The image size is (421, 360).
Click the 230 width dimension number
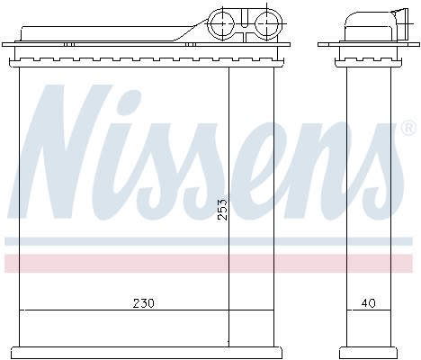pyautogui.click(x=144, y=303)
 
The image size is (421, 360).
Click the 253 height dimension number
pyautogui.click(x=223, y=210)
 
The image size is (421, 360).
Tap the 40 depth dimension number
pyautogui.click(x=368, y=303)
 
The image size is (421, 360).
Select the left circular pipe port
pyautogui.click(x=222, y=23)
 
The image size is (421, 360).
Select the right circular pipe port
pyautogui.click(x=266, y=23)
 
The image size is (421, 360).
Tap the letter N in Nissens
pyautogui.click(x=60, y=151)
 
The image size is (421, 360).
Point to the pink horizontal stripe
pyautogui.click(x=209, y=264)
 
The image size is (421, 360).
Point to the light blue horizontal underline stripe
pyautogui.click(x=209, y=241)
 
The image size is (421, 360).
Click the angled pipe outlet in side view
pyautogui.click(x=402, y=24)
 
